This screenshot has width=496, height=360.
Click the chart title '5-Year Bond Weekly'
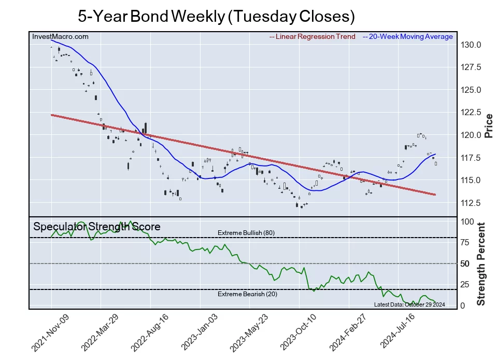[216, 16]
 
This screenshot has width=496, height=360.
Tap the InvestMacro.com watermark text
[60, 37]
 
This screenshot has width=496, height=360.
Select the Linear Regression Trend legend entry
[313, 37]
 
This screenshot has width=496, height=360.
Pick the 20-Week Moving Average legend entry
[407, 37]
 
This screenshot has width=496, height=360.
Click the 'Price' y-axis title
[488, 125]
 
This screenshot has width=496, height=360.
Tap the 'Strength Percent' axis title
[481, 264]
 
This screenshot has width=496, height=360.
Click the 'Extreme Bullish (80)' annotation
[246, 233]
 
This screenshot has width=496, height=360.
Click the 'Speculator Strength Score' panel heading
[97, 227]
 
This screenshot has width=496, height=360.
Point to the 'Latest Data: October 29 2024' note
[409, 304]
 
